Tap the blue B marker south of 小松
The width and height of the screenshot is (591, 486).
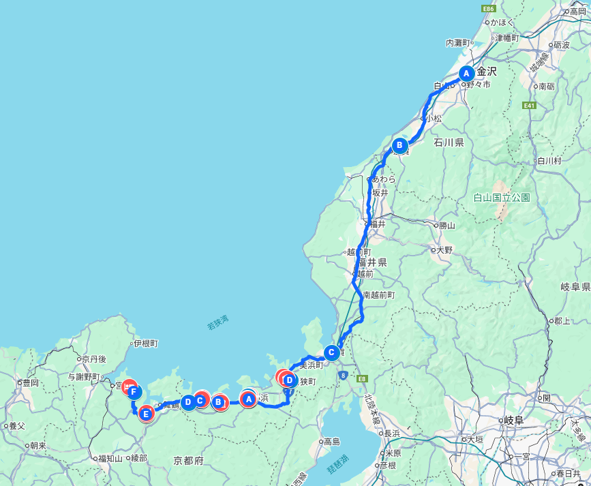click(x=400, y=145)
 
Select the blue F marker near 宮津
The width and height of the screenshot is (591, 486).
click(x=134, y=392)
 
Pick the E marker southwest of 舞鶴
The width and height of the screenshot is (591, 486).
click(x=146, y=412)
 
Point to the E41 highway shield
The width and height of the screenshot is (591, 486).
click(x=530, y=106)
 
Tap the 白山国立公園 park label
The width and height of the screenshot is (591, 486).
click(x=502, y=198)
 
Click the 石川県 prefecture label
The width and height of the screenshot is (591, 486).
click(x=449, y=143)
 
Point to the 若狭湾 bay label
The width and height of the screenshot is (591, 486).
click(x=218, y=322)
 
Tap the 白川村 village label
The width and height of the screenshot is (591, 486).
click(x=549, y=162)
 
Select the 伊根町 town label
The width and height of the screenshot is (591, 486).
click(x=146, y=344)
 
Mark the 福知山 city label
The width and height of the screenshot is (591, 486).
click(x=110, y=459)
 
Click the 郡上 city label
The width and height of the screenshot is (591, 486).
click(x=562, y=320)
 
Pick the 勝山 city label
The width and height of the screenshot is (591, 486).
click(x=446, y=226)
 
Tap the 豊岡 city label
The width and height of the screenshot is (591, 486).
click(x=31, y=383)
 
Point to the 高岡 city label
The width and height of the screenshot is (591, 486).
click(x=578, y=12)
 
